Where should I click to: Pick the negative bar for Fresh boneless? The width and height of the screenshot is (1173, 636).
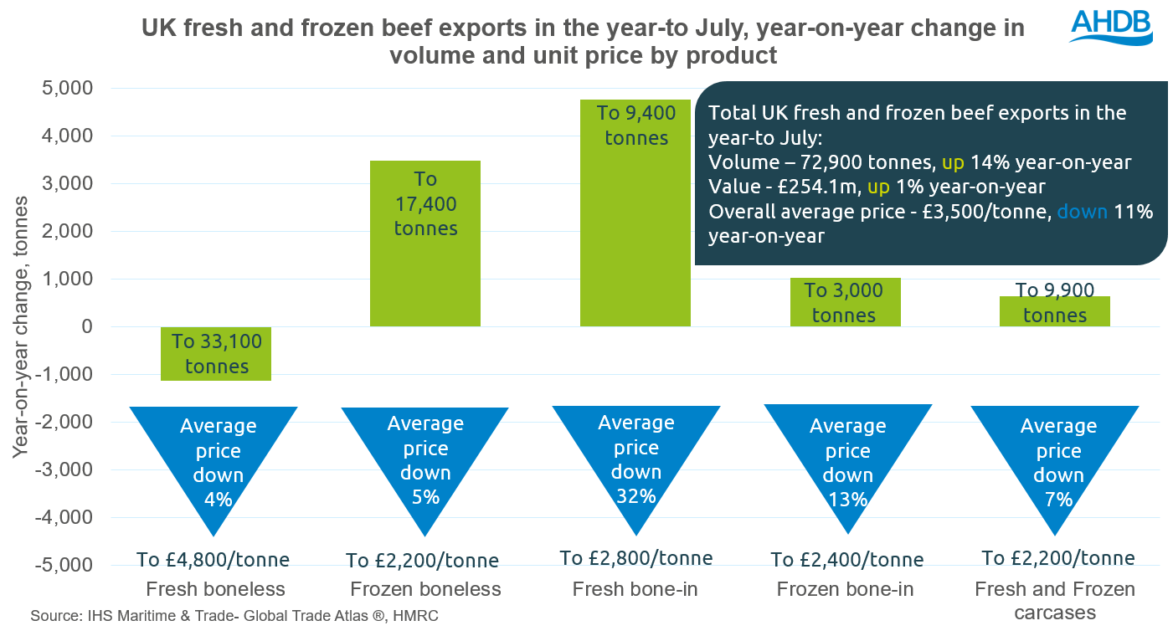[217, 354]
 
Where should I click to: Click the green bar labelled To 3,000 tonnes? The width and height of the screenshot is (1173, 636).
[844, 301]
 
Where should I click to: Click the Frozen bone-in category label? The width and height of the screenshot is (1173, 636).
[845, 589]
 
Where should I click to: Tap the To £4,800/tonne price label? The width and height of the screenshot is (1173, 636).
[213, 559]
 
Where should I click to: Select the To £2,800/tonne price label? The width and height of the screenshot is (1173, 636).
[636, 557]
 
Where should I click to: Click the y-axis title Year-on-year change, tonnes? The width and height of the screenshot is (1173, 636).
[20, 326]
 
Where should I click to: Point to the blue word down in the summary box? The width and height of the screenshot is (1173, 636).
[1082, 212]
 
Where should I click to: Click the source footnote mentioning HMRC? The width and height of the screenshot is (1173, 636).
[234, 617]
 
